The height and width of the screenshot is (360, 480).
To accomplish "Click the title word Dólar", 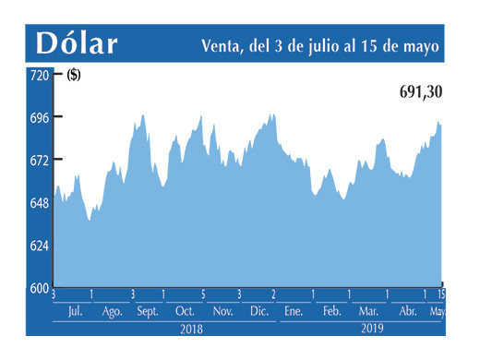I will [x=78, y=43].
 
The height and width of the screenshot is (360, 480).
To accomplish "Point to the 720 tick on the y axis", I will [x=39, y=76].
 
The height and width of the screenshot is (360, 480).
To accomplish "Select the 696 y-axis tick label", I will [x=39, y=118].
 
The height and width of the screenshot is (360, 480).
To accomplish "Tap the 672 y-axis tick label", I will [x=39, y=161].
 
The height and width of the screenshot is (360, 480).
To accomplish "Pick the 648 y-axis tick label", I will [x=39, y=203].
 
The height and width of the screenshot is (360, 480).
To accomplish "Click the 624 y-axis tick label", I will [x=39, y=246].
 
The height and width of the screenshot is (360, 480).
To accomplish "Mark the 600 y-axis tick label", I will [x=39, y=288].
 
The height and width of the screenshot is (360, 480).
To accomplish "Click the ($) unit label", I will [x=73, y=76].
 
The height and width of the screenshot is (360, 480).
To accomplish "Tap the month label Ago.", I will [x=113, y=312].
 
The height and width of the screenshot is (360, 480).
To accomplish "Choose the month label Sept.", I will [x=148, y=312].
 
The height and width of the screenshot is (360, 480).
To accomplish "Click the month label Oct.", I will [x=185, y=312].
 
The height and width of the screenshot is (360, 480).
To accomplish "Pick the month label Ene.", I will [x=294, y=312].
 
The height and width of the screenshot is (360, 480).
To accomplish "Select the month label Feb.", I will [x=331, y=312].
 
